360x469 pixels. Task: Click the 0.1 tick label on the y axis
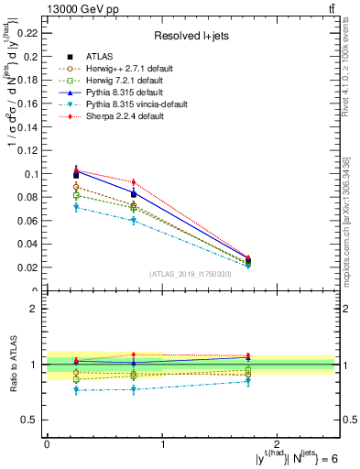(35, 173)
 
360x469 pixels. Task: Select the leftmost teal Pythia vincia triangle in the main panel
(76, 208)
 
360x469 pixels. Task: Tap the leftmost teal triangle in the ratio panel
(76, 391)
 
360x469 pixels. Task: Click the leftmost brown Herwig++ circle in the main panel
(76, 187)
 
